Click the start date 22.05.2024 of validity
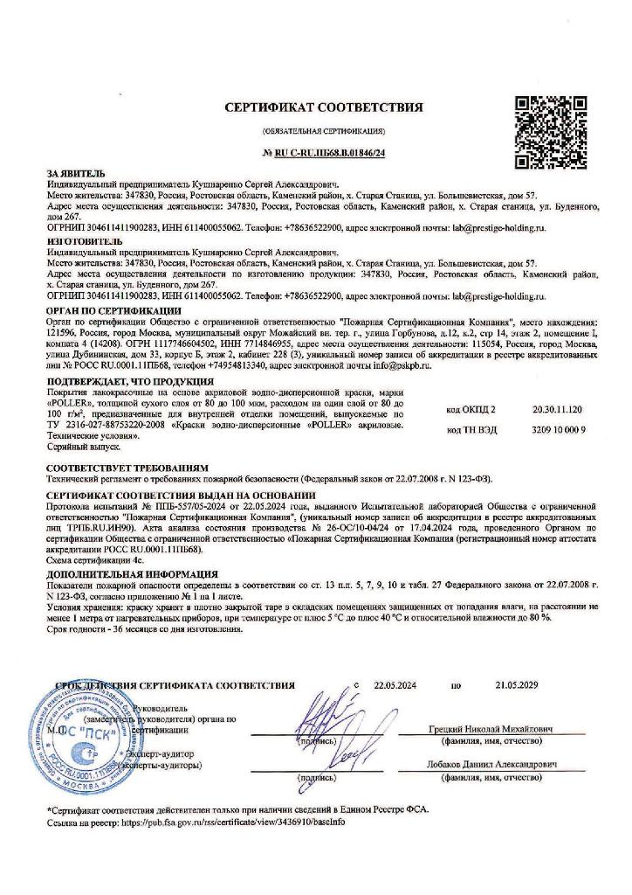[398, 686]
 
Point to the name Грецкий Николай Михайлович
[494, 729]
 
